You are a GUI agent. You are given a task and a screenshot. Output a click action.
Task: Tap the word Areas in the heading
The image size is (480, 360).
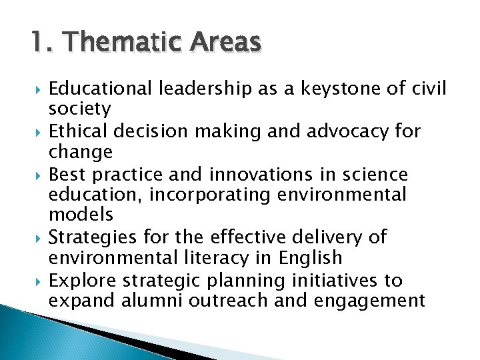point(225,42)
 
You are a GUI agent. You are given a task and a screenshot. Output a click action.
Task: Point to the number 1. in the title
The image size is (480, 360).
point(41,42)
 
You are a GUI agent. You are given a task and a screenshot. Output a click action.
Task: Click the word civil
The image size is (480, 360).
point(429,88)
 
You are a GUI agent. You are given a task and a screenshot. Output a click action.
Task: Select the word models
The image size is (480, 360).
point(81,215)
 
